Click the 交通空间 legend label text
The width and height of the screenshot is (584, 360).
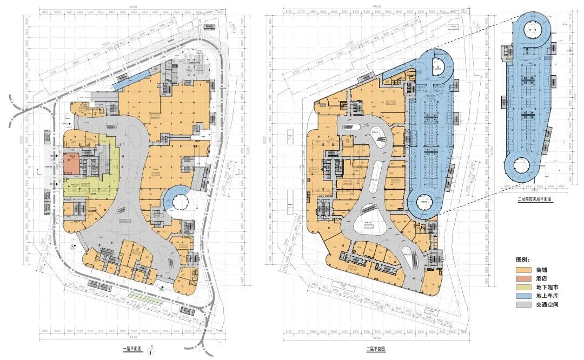[x=547, y=305]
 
